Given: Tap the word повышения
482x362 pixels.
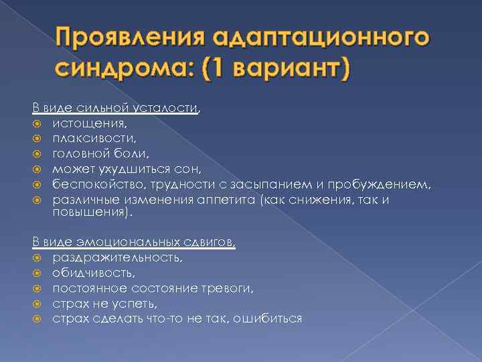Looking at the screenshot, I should tap(91, 213).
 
